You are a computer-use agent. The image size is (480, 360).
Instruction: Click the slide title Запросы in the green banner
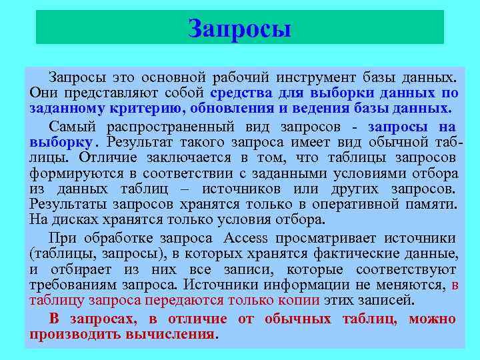pyautogui.click(x=239, y=29)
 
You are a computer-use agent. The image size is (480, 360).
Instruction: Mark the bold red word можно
pyautogui.click(x=432, y=319)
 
